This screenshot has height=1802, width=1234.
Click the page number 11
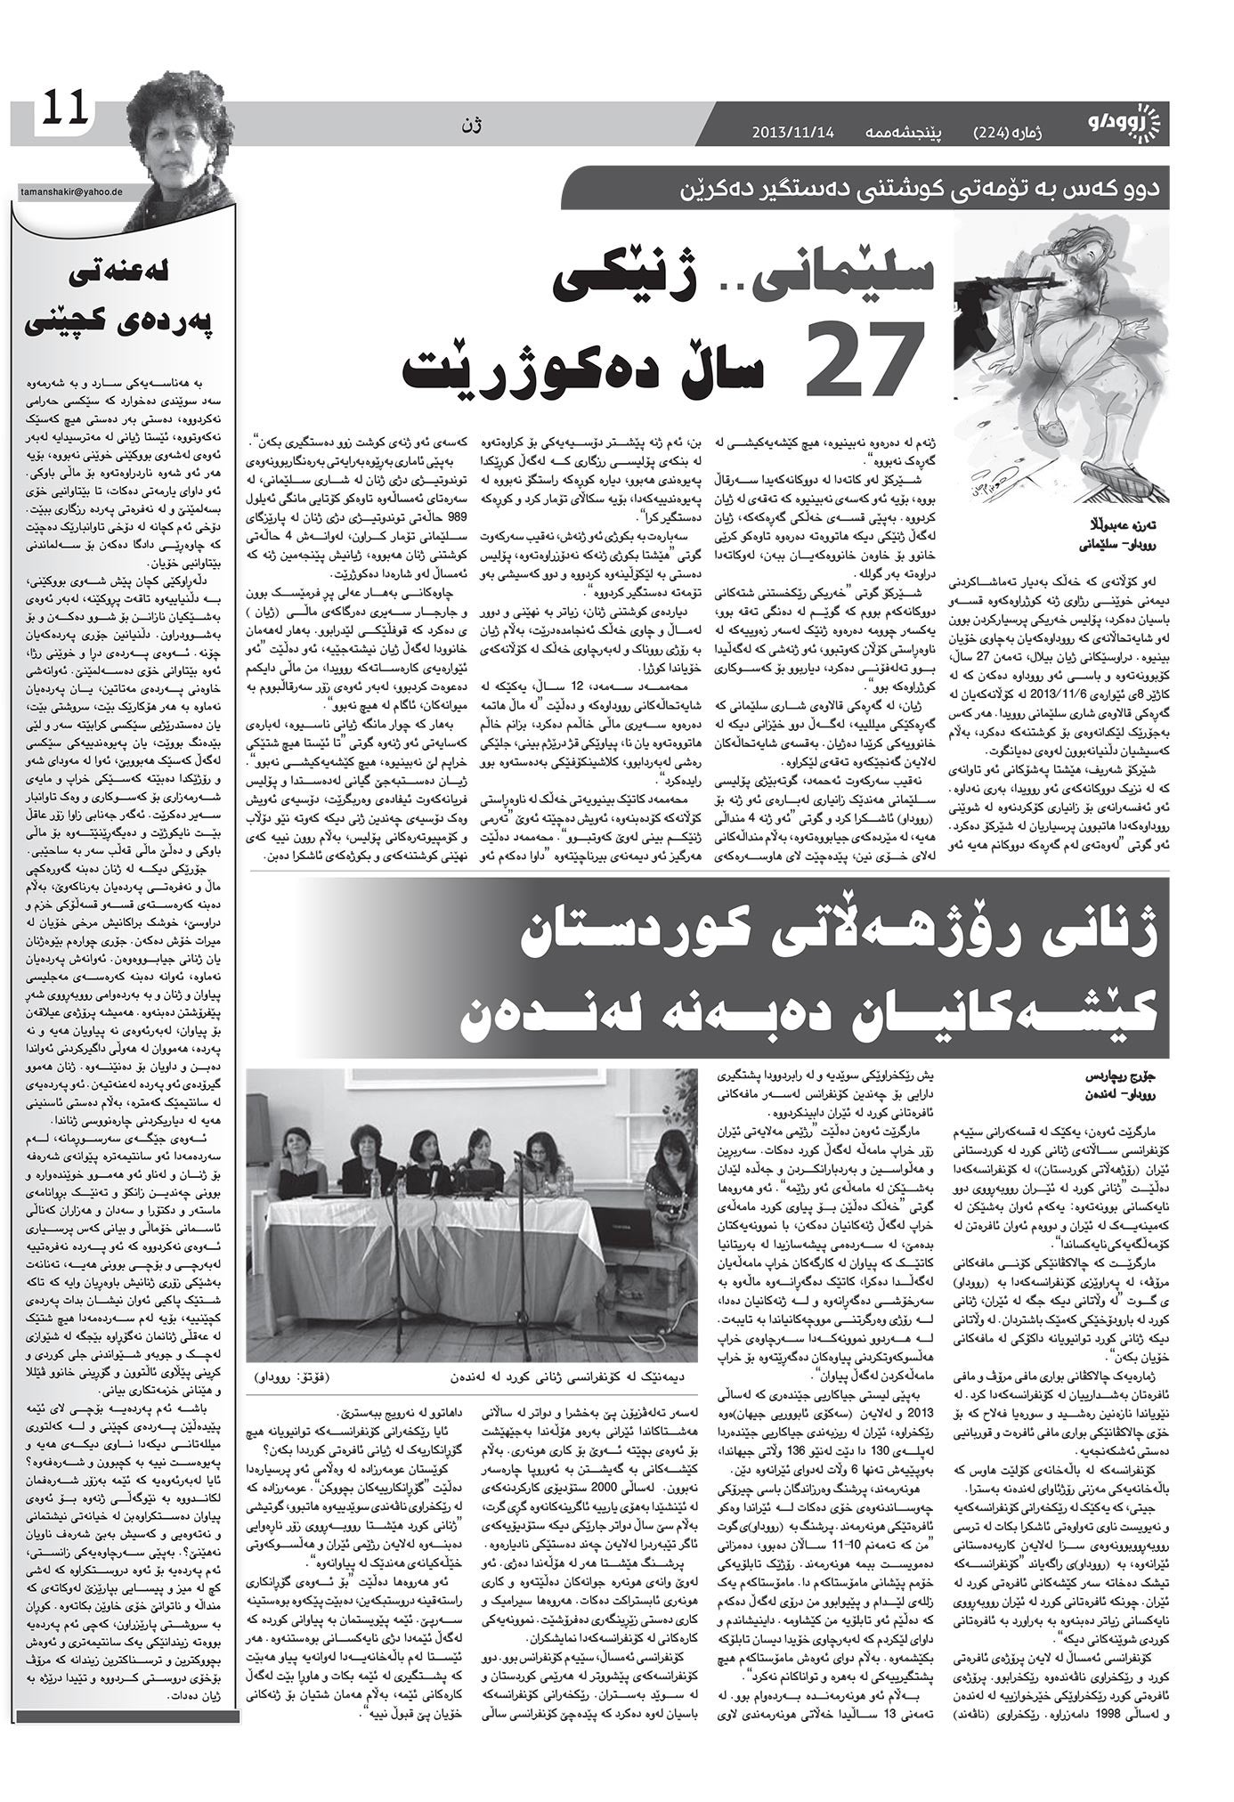click(62, 108)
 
